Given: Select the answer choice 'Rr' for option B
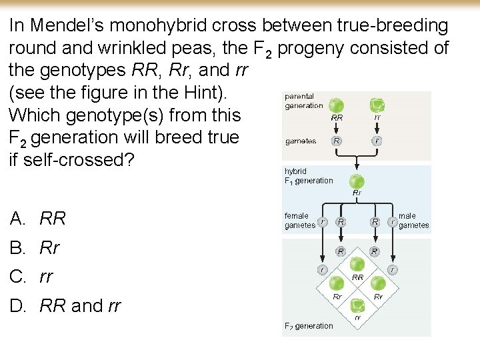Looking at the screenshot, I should point(49,248).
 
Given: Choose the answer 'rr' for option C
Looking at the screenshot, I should point(46,277).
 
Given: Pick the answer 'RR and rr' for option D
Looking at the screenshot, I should point(80,306).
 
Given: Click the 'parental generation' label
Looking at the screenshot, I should point(304,101).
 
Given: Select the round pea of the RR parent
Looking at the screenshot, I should point(337,105).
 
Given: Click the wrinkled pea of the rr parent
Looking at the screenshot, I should point(377,105).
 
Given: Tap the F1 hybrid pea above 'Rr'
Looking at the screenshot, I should point(357,181).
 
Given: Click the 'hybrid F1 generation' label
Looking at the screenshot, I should point(309,176).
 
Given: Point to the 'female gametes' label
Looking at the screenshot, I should point(299,221).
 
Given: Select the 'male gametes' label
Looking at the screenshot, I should point(413,221).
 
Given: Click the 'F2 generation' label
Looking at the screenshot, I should point(309,326).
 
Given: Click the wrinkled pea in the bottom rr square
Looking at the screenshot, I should point(358,305).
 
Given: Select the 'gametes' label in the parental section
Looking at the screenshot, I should point(300,141).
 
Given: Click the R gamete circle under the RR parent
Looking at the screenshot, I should point(337,141).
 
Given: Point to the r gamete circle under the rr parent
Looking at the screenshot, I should point(377,141).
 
